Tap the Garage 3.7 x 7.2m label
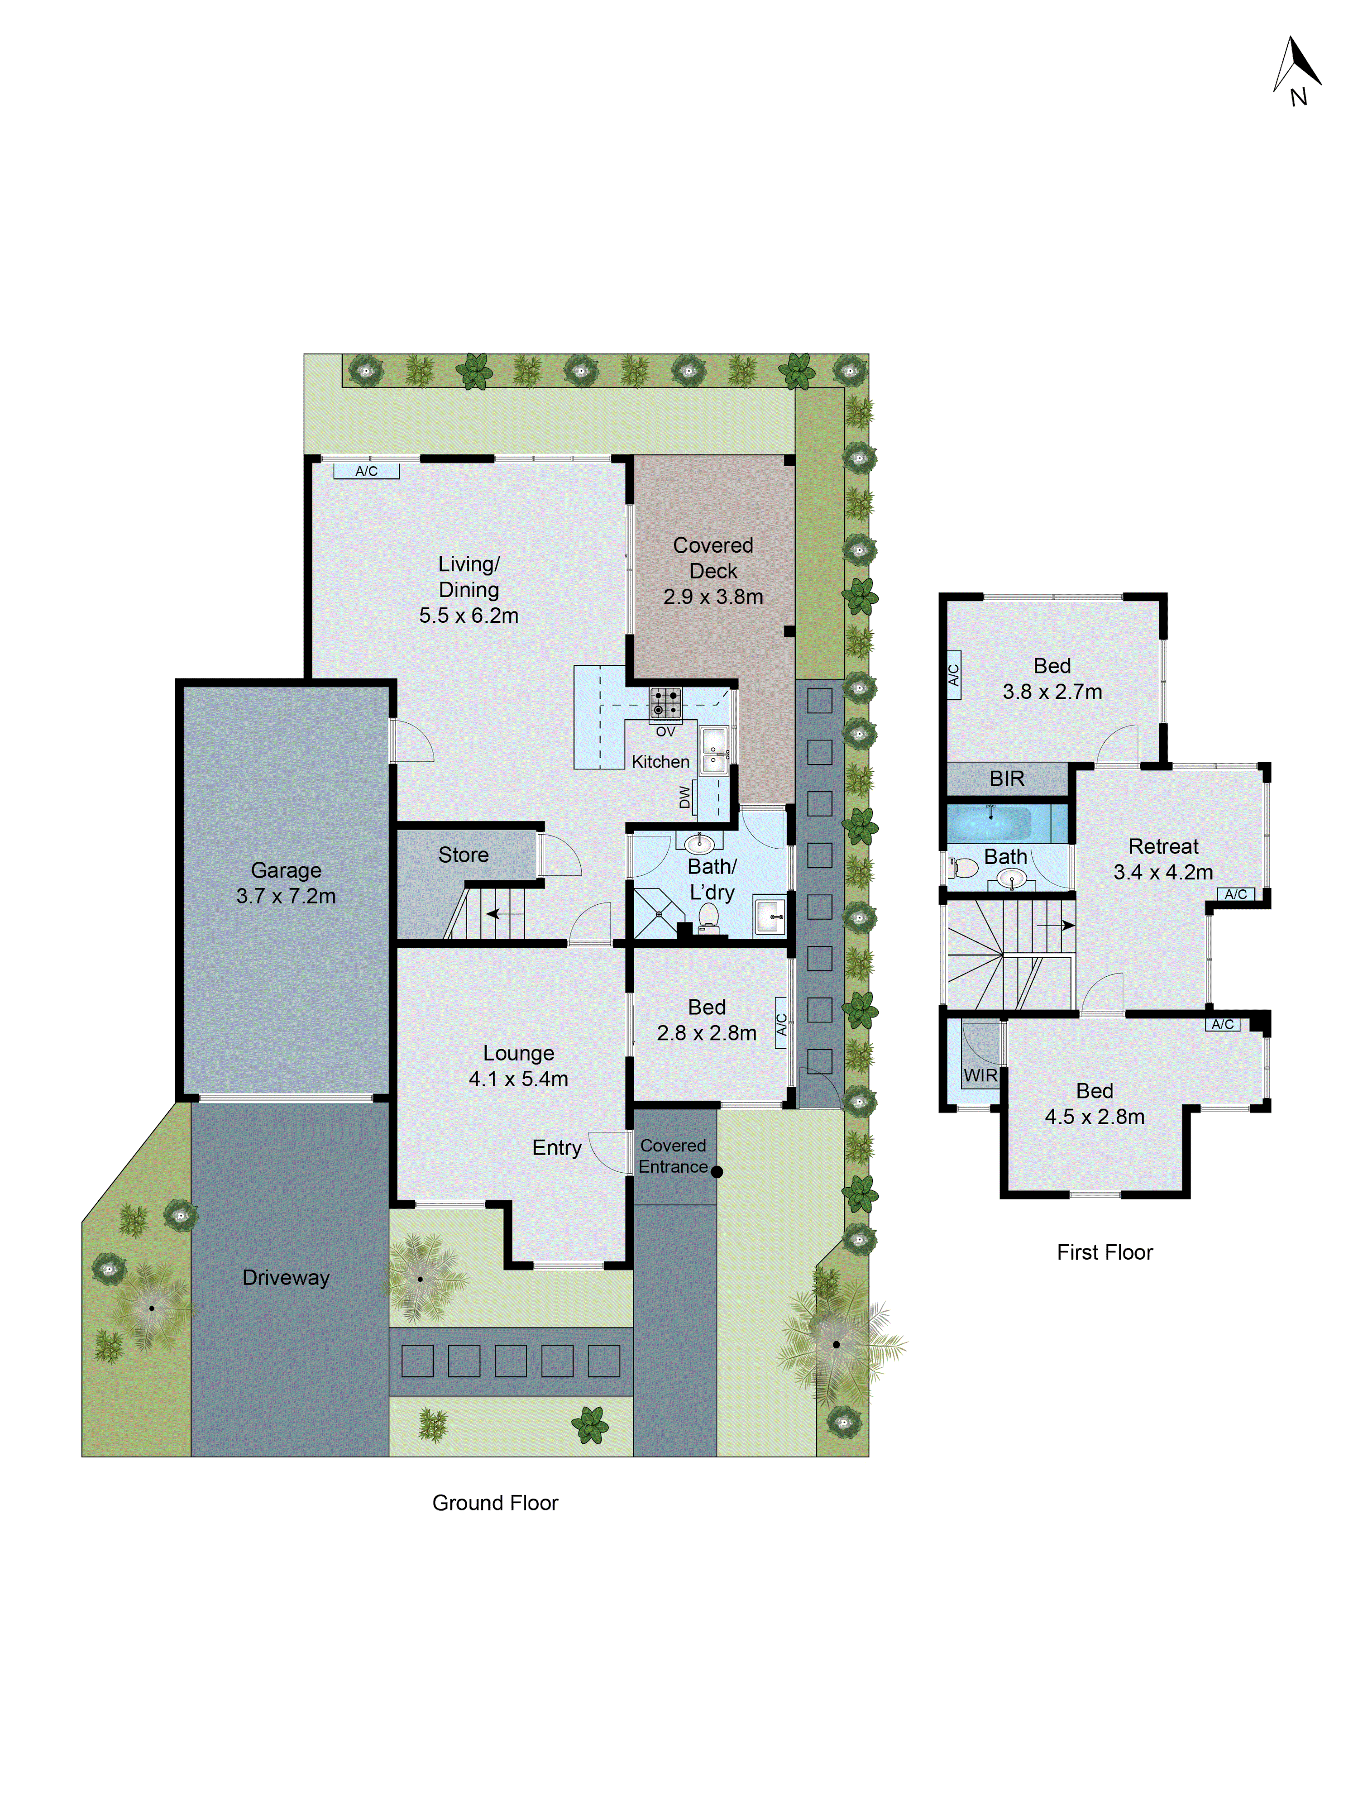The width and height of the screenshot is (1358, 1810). pos(286,883)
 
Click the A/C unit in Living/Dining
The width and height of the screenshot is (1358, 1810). pos(366,471)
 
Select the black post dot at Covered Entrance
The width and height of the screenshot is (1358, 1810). pos(717,1172)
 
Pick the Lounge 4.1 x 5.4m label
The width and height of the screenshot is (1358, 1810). pos(518,1065)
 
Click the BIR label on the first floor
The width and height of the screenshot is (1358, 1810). pos(1007,778)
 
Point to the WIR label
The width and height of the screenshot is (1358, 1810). pos(980,1075)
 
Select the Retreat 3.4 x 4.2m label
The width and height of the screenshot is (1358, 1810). pos(1162,859)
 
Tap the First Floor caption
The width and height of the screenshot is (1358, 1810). pos(1104,1252)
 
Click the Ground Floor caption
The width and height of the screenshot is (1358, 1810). pos(494,1502)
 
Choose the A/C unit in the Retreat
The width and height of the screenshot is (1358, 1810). pos(1235,894)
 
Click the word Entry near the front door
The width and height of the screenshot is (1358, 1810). pos(557,1147)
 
